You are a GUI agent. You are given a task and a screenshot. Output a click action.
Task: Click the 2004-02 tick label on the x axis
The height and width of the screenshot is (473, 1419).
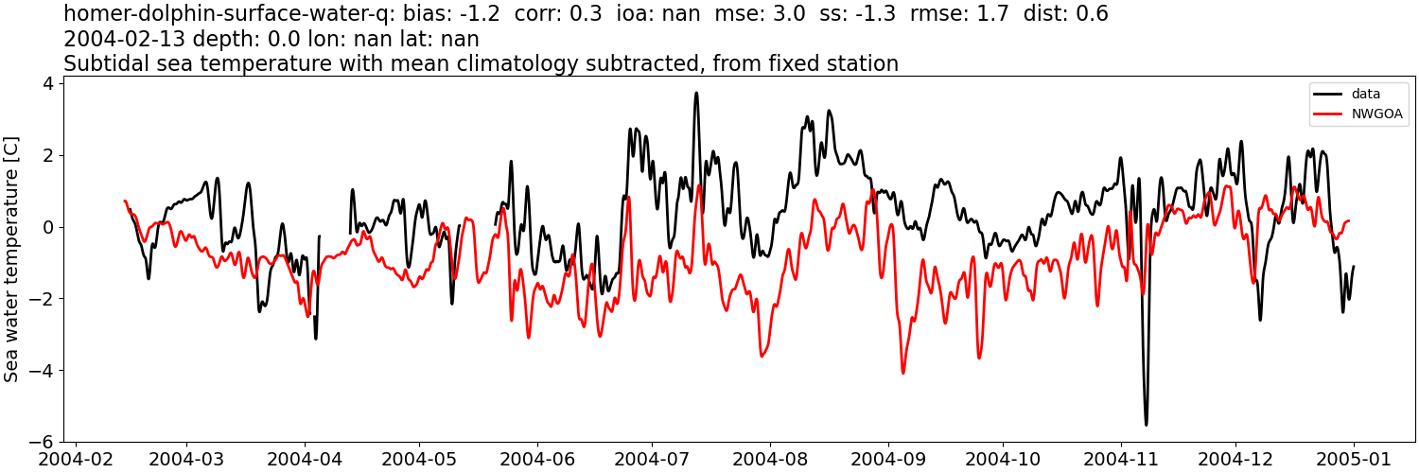point(76,459)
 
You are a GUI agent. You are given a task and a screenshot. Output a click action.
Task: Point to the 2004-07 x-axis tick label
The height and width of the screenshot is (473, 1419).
point(652,459)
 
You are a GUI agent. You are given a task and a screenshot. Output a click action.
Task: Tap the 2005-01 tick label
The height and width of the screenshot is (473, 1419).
point(1354,459)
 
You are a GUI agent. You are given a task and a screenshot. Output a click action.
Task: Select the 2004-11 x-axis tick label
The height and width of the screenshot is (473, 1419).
point(1121,459)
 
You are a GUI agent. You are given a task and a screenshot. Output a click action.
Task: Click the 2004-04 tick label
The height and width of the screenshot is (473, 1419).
point(305,459)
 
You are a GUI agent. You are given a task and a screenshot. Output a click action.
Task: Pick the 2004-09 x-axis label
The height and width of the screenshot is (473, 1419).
point(888,459)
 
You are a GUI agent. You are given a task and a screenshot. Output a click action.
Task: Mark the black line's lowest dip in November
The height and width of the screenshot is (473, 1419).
point(1146,425)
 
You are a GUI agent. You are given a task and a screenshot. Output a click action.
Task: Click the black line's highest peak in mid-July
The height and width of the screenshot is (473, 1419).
point(696,93)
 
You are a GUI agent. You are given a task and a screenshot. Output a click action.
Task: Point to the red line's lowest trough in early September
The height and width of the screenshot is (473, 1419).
point(902,373)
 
